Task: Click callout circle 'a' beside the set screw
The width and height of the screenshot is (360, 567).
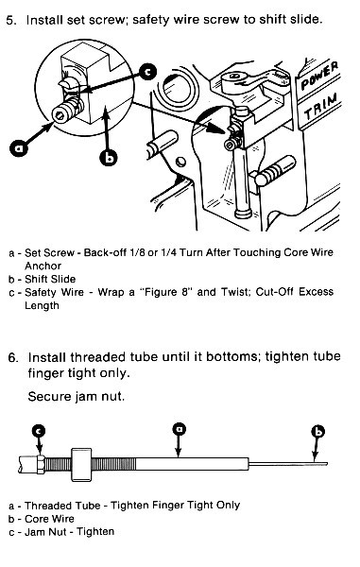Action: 19,148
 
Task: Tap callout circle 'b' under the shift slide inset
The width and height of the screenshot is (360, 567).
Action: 108,157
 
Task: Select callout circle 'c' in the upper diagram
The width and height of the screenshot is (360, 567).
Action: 147,71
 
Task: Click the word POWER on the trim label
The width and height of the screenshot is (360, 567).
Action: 320,76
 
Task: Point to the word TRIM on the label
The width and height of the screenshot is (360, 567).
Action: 321,107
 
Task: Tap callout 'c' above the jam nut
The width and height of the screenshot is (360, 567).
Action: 40,431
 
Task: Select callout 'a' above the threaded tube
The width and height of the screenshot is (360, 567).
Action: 179,430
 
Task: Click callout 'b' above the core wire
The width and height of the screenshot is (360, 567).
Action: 318,432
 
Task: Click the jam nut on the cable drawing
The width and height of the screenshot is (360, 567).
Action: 41,464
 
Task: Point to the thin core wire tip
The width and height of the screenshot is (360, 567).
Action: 326,464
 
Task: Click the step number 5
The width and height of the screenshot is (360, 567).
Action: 11,21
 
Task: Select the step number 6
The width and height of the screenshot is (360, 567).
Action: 13,357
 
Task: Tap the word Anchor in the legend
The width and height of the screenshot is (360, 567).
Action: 43,266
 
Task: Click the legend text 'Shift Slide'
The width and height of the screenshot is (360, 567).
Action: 50,279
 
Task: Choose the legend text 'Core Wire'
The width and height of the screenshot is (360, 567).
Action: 49,519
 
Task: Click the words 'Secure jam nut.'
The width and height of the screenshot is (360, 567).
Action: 77,397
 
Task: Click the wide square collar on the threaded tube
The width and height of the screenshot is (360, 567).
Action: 81,464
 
